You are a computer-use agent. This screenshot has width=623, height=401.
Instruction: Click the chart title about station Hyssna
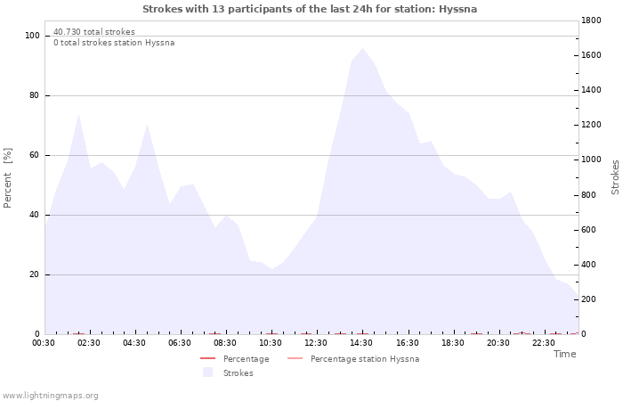tap(310, 9)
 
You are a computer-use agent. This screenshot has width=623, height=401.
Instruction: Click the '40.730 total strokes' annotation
tap(94, 32)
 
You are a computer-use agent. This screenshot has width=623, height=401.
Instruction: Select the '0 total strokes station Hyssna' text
tap(114, 43)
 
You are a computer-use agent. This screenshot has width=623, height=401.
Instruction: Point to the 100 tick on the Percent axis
tap(33, 36)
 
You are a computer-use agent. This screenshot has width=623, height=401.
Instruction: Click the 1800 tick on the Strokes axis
tap(594, 20)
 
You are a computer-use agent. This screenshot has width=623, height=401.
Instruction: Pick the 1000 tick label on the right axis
tap(594, 160)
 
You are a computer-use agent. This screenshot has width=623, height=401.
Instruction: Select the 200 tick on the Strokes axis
tap(591, 299)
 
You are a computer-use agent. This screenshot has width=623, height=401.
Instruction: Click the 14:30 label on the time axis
tap(361, 343)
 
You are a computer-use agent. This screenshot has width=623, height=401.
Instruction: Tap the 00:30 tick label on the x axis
tap(44, 343)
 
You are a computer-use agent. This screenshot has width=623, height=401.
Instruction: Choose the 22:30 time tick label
tap(544, 343)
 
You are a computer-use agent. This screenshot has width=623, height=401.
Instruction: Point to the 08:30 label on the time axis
tap(225, 343)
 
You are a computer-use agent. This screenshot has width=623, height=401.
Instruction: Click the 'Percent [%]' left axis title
tap(8, 178)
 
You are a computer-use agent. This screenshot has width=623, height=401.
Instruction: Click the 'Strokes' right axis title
tap(615, 177)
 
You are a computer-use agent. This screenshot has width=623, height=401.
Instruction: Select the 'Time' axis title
tap(564, 354)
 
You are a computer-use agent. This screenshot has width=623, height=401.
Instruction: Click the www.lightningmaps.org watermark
tap(50, 396)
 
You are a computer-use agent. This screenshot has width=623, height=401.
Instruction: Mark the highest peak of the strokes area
tap(362, 48)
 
